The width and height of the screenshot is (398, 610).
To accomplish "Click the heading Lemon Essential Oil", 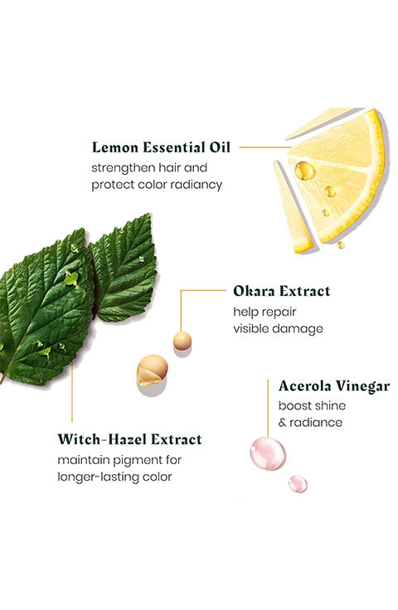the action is (161, 148).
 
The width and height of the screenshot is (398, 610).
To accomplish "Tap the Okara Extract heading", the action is (282, 291).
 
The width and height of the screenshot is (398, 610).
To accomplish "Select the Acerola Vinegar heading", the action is (334, 386).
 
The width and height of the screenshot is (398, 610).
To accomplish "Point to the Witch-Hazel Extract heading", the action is (130, 439).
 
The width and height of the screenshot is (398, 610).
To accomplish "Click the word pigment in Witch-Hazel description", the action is (133, 461).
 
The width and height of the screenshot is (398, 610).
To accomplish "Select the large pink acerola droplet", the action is (268, 453).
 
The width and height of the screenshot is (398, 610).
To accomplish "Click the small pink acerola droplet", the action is (298, 484).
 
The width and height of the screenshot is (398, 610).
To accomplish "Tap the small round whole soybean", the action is (182, 341).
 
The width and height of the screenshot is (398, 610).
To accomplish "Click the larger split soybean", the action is (152, 370).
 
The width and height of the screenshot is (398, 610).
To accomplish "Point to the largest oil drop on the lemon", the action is (304, 171).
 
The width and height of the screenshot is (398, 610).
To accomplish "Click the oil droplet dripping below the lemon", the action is (341, 245).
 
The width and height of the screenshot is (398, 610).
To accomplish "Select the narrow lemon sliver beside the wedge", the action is (292, 207).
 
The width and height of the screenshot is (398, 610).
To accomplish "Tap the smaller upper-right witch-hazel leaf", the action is (124, 269).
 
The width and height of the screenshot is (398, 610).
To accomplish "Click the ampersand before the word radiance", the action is (282, 423).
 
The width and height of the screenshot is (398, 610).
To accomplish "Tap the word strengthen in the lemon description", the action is (118, 168).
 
